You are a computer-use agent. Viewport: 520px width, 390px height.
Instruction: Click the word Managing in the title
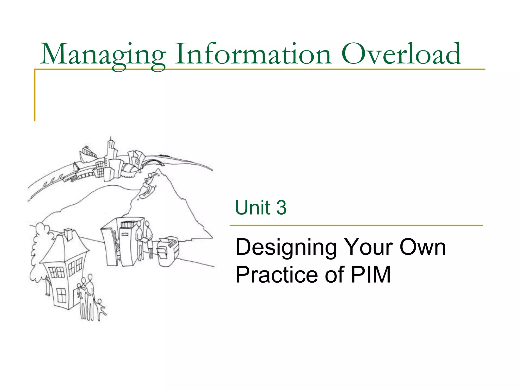103,55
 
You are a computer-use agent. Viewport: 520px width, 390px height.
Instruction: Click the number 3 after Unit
281,207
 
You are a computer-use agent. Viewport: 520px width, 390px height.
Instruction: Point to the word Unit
252,207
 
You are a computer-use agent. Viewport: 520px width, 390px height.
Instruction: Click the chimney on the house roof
68,234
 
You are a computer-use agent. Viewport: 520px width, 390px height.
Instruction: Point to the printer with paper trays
168,251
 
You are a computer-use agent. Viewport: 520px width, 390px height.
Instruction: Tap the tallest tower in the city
111,150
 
